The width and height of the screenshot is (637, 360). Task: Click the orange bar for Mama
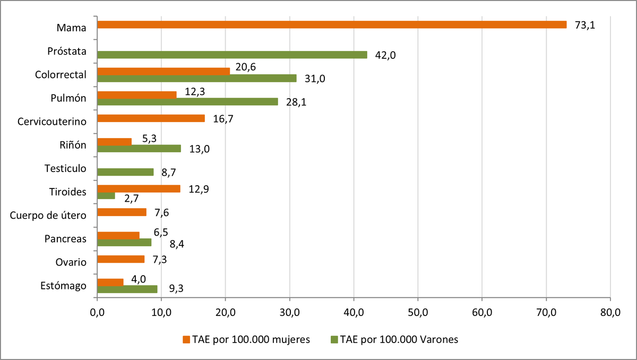pyautogui.click(x=332, y=24)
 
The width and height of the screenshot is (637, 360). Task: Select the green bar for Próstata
pyautogui.click(x=232, y=55)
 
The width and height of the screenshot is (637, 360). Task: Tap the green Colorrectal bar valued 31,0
pyautogui.click(x=197, y=78)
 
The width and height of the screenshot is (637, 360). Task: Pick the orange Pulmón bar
pyautogui.click(x=137, y=95)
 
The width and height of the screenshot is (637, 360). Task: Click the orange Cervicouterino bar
pyautogui.click(x=151, y=118)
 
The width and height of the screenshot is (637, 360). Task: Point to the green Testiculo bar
pyautogui.click(x=125, y=172)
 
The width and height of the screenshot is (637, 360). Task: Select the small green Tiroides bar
pyautogui.click(x=106, y=196)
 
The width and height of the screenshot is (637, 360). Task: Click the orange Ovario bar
pyautogui.click(x=121, y=259)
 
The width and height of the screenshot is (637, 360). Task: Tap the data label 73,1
pyautogui.click(x=584, y=25)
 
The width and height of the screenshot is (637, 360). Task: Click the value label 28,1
pyautogui.click(x=296, y=102)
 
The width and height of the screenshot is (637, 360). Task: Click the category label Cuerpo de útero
pyautogui.click(x=48, y=215)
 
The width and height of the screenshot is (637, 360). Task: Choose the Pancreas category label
pyautogui.click(x=65, y=239)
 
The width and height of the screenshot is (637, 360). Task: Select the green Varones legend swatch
pyautogui.click(x=334, y=339)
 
